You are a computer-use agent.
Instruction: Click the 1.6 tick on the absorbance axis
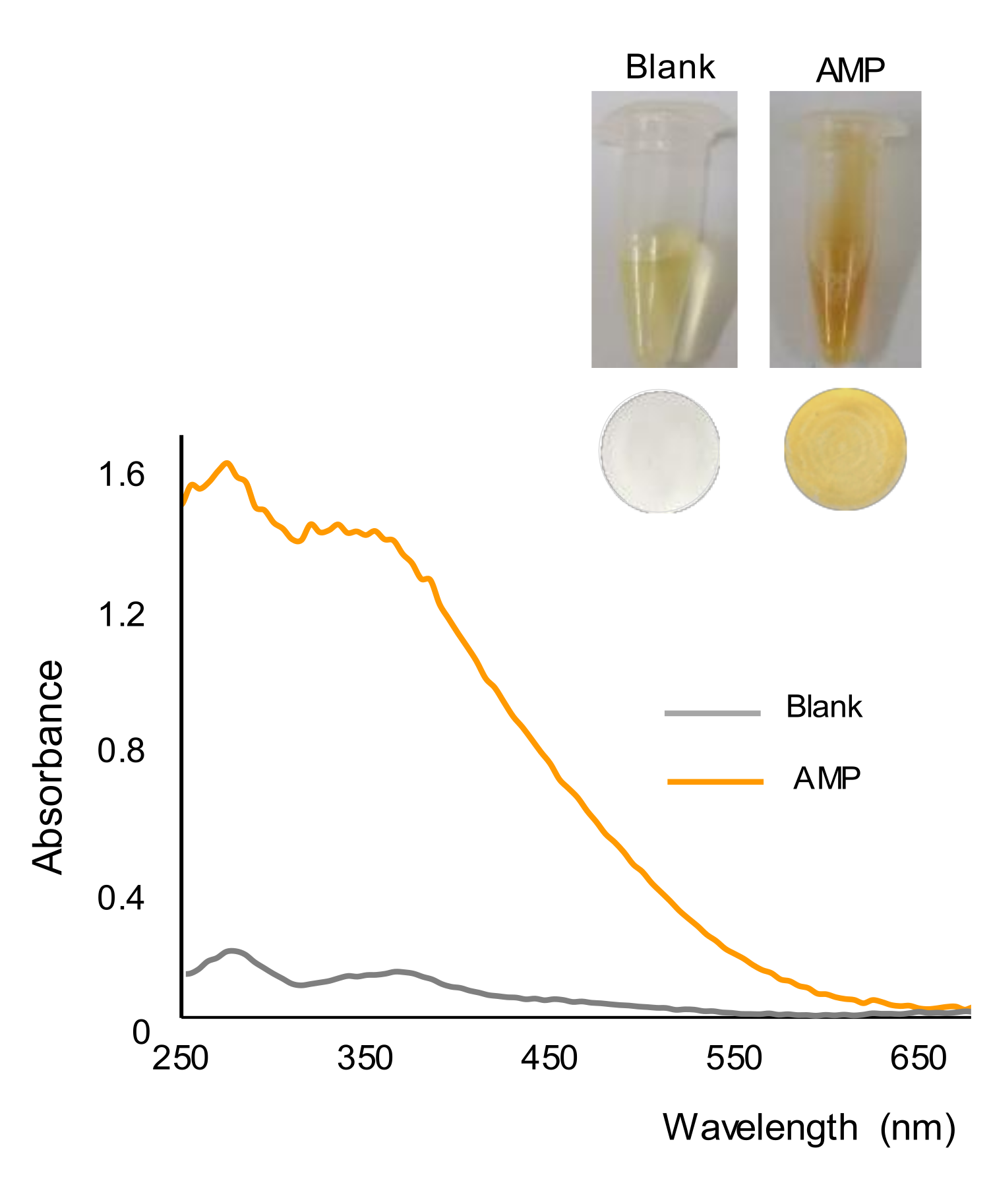pos(121,475)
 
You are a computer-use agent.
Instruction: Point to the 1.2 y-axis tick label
pos(121,615)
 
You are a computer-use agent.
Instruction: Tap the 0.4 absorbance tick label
pos(121,898)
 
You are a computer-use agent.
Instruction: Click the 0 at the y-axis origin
pos(141,1033)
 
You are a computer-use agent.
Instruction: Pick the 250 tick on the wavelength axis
pos(181,1058)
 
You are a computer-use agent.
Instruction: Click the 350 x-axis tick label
pos(365,1058)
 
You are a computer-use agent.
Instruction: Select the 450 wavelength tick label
pos(549,1058)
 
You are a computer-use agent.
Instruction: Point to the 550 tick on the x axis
pos(734,1058)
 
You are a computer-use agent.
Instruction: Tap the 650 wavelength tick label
pos(918,1058)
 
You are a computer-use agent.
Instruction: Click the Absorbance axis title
pos(48,768)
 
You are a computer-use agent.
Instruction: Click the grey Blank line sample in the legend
pos(712,713)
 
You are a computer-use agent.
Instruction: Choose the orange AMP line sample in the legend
pos(715,782)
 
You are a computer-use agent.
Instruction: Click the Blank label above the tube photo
pos(670,67)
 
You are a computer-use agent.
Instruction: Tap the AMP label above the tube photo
pos(850,70)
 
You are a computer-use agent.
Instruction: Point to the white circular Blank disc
pos(659,450)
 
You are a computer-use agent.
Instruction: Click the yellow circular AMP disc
pos(845,448)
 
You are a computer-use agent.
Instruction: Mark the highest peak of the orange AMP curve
pos(227,463)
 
